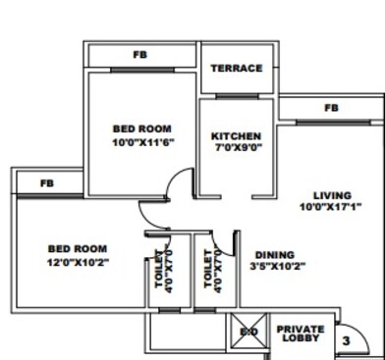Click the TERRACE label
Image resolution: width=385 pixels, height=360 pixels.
(237, 68)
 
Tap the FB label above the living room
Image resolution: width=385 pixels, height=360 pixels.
(331, 107)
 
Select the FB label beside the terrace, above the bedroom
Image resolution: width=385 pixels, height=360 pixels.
(139, 55)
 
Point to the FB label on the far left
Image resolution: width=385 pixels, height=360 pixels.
(47, 183)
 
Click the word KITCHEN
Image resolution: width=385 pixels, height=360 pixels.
(236, 135)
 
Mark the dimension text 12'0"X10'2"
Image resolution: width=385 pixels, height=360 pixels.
(76, 263)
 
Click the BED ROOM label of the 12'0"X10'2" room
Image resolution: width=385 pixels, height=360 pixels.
(76, 249)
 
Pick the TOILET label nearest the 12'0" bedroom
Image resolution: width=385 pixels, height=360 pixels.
(160, 270)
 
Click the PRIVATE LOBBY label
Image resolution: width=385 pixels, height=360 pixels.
(300, 334)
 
